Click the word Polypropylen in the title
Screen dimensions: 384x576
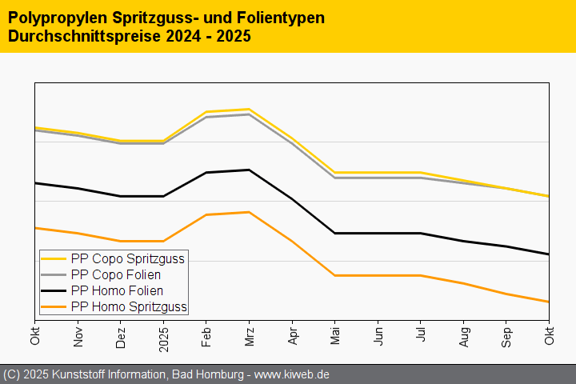(48, 17)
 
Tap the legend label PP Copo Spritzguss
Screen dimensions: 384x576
(128, 258)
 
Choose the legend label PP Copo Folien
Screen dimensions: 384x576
(116, 274)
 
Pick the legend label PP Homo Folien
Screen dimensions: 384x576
(117, 290)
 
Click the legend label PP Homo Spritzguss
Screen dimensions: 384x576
(129, 306)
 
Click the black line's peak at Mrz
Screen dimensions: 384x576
(250, 170)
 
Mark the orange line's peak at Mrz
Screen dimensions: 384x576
(250, 212)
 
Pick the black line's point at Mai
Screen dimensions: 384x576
(335, 233)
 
